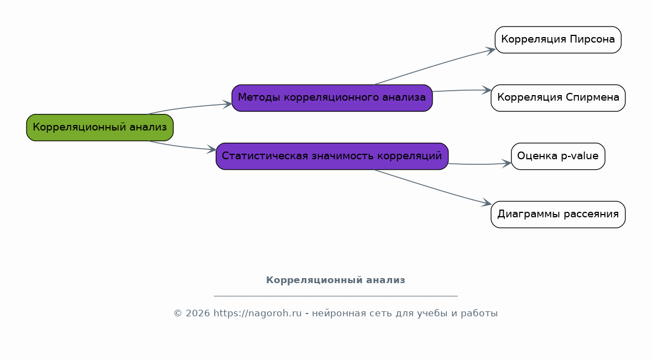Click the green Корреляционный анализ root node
tap(100, 128)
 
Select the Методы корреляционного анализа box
tap(332, 98)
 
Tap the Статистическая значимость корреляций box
tap(332, 156)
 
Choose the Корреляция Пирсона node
tap(558, 40)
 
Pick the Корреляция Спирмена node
tap(558, 98)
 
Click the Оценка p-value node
tap(558, 156)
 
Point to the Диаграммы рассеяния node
tap(558, 215)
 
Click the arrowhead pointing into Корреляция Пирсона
tap(491, 51)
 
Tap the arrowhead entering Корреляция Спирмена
tap(487, 90)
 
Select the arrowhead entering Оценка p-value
tap(507, 163)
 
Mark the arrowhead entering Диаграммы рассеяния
tap(487, 204)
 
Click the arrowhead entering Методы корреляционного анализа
tap(227, 105)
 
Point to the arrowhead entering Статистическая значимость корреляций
tap(211, 149)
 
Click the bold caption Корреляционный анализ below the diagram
tap(336, 280)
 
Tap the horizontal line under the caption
tap(336, 296)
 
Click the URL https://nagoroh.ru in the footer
tap(257, 314)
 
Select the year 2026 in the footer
tap(198, 314)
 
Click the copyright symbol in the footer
tap(178, 314)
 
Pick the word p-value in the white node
tap(580, 156)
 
